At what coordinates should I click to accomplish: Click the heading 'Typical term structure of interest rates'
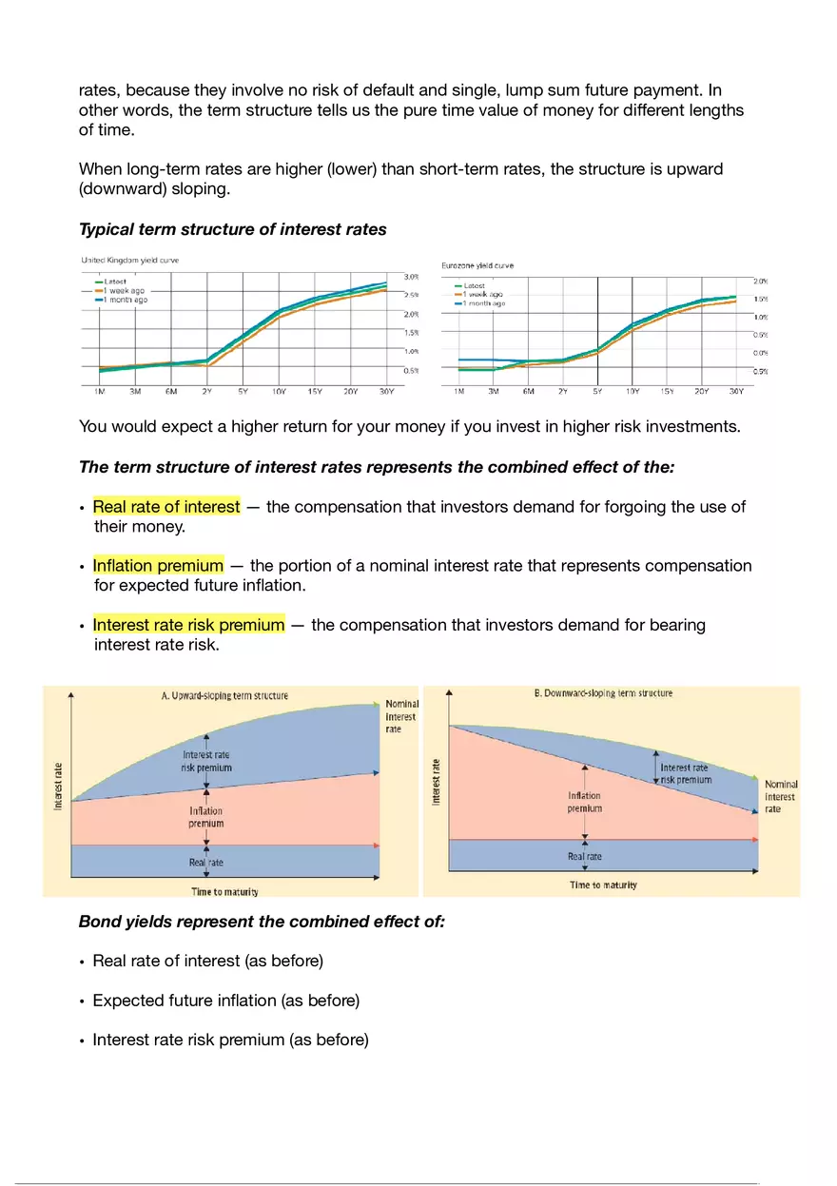pyautogui.click(x=232, y=229)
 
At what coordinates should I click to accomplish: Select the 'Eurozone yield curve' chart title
pyautogui.click(x=477, y=265)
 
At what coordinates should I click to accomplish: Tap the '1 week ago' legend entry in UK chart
pyautogui.click(x=124, y=291)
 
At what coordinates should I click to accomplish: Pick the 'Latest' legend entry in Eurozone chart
pyautogui.click(x=474, y=285)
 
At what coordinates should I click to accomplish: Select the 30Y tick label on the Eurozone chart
pyautogui.click(x=735, y=391)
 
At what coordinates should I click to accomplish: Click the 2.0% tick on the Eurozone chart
pyautogui.click(x=761, y=282)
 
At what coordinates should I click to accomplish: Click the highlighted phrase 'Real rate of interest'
pyautogui.click(x=165, y=507)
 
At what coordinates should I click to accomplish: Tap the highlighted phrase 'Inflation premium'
pyautogui.click(x=158, y=566)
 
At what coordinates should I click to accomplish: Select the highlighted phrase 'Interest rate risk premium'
pyautogui.click(x=188, y=625)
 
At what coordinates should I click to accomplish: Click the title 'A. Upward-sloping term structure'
pyautogui.click(x=224, y=695)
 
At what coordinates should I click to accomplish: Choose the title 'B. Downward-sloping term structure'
pyautogui.click(x=603, y=693)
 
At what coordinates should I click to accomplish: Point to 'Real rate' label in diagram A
pyautogui.click(x=205, y=863)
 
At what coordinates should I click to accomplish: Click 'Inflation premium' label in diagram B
pyautogui.click(x=584, y=802)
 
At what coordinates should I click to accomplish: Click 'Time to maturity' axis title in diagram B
pyautogui.click(x=603, y=885)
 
